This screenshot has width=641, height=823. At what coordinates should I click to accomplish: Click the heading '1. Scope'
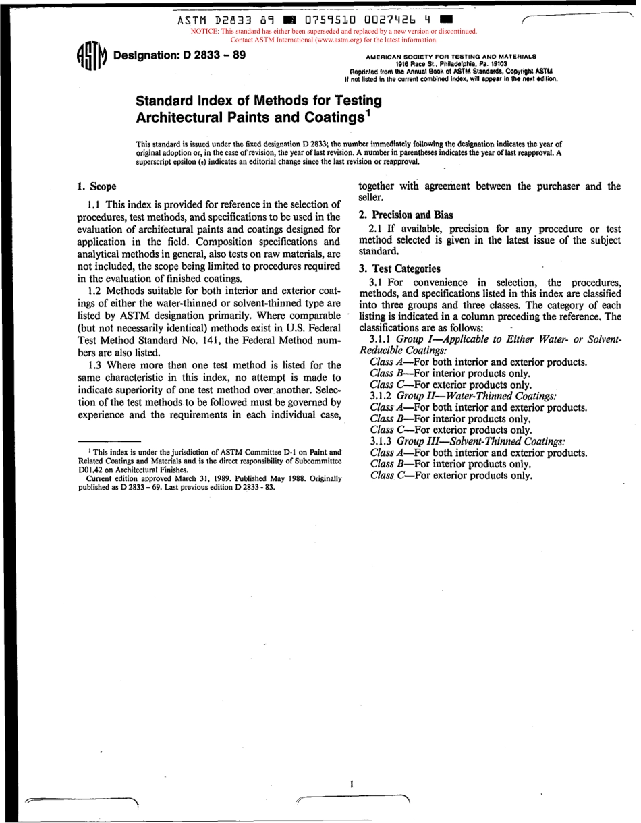point(96,186)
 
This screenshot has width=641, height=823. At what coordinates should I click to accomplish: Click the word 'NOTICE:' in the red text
point(205,31)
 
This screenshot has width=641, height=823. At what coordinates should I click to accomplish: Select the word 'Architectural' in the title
point(179,117)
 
